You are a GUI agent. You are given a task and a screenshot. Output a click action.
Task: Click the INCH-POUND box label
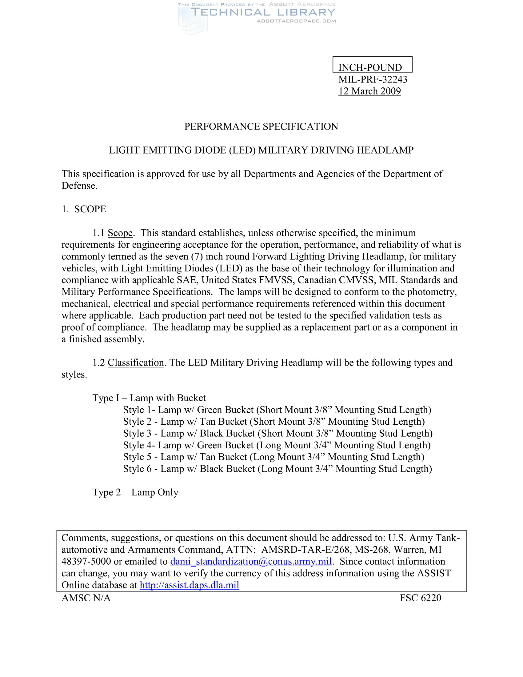click(370, 67)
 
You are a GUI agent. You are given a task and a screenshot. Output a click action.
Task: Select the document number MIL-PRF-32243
click(373, 79)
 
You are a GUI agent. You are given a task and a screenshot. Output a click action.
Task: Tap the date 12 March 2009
click(369, 91)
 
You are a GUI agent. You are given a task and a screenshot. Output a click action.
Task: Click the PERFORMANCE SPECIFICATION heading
click(261, 126)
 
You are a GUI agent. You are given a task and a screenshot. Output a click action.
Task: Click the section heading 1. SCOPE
click(84, 209)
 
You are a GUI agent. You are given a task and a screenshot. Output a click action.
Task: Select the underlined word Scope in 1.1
click(120, 233)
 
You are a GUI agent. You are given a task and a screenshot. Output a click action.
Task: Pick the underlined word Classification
click(136, 363)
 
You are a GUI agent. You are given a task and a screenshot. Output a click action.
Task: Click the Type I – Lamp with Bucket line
click(149, 398)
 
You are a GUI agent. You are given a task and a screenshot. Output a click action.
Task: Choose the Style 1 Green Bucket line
click(277, 410)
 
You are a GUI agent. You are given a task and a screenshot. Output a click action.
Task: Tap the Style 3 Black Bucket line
click(277, 433)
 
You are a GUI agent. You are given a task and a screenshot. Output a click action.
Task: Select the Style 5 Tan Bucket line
click(273, 457)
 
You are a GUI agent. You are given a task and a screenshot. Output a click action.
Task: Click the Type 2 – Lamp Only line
click(135, 492)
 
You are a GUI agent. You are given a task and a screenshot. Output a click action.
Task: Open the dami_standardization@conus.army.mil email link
click(251, 561)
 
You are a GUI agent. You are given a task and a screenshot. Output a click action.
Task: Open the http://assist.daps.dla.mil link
click(189, 585)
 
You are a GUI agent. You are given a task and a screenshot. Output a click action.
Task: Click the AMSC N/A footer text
click(86, 598)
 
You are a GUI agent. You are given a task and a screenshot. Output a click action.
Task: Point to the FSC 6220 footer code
click(420, 598)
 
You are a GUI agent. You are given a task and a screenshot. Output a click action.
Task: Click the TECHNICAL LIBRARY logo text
click(263, 12)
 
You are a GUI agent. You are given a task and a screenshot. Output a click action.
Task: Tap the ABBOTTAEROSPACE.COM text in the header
click(296, 21)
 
